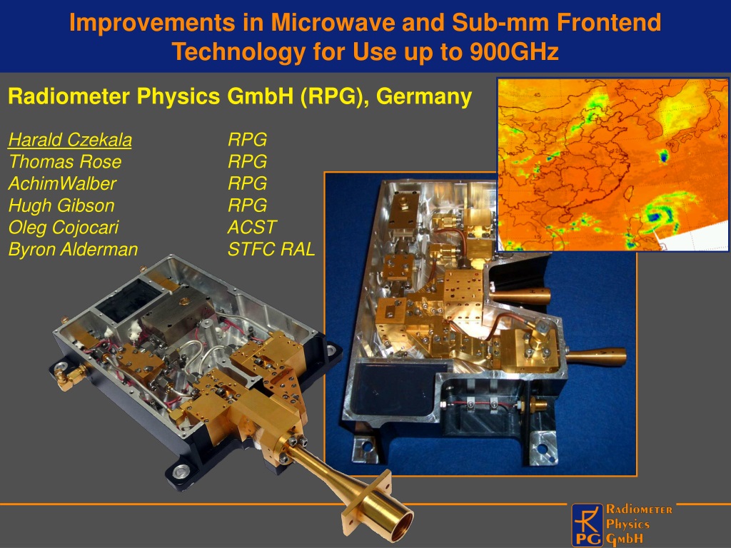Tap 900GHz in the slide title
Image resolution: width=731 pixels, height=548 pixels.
514,51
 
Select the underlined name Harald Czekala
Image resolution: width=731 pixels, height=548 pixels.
70,140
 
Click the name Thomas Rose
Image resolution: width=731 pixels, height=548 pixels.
65,162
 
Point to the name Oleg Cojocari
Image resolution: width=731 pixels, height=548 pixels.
64,228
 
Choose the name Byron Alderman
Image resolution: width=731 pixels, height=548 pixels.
74,249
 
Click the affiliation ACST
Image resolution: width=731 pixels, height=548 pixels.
252,228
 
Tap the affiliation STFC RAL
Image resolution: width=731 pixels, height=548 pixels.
271,249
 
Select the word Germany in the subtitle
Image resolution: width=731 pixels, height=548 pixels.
424,96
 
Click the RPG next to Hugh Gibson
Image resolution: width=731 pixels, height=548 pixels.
247,205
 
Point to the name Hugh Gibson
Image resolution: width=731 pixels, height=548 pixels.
61,205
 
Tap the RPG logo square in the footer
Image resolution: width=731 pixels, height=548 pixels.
587,525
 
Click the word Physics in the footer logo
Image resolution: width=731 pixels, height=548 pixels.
627,524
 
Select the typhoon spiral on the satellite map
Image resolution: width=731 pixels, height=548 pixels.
658,214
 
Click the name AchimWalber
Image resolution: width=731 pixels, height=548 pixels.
62,183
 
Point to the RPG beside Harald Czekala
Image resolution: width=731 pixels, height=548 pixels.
247,140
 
